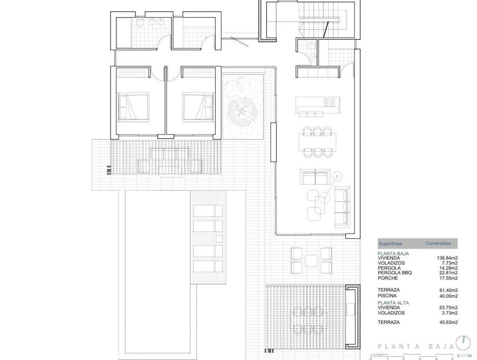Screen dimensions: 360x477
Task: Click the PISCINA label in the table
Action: point(387,295)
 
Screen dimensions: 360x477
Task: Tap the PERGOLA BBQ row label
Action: point(395,273)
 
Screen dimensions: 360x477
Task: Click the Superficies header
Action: point(390,243)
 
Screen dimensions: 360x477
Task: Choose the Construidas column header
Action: point(438,243)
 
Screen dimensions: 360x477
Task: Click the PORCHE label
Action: point(387,278)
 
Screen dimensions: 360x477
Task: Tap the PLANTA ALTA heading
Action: point(393,302)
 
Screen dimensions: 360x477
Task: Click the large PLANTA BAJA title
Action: point(415,346)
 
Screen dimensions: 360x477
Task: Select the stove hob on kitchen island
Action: point(329,102)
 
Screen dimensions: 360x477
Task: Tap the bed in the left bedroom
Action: point(132,107)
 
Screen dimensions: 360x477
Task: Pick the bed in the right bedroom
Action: point(195,107)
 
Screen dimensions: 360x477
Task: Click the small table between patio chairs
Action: point(311,260)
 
